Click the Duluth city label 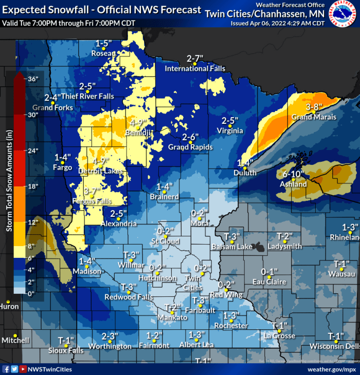coord(245,173)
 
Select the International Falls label coord(195,68)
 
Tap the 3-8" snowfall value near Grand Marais coord(314,107)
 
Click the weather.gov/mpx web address coord(331,369)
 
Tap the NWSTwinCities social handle coord(50,369)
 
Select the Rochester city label coord(231,325)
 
